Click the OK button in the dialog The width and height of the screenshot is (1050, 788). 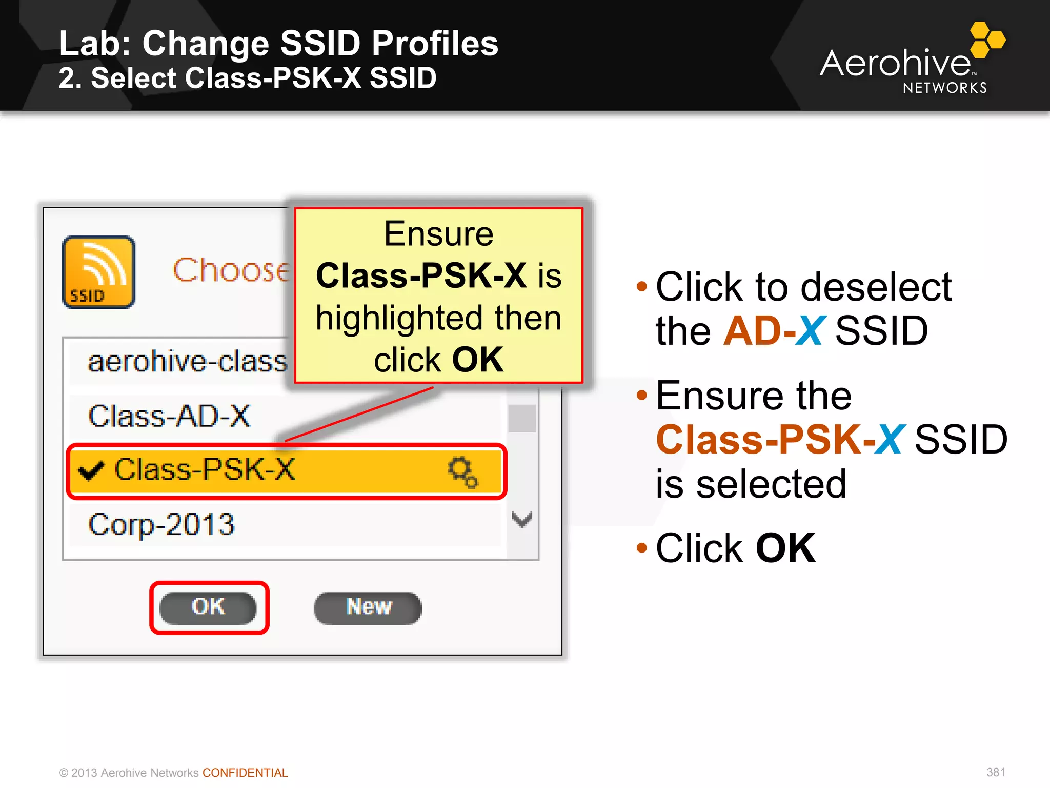coord(208,607)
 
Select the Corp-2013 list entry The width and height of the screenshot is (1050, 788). coord(161,525)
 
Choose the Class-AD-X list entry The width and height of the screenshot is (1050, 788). coord(169,416)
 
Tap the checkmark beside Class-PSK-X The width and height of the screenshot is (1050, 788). coord(91,470)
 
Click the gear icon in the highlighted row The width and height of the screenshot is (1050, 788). coord(462,471)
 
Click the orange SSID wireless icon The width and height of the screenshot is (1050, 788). coord(98,272)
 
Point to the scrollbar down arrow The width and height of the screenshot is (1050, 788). coord(522,519)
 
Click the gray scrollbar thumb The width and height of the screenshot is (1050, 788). coord(522,418)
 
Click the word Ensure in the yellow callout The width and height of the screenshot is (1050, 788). coord(438,234)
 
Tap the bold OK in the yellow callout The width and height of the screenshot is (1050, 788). coord(477,360)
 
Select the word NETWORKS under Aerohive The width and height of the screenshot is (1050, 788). coord(944,88)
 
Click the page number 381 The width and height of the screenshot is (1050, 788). coord(995,772)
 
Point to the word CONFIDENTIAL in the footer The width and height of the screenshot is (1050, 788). coord(245,773)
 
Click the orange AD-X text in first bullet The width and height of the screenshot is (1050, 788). coord(774,331)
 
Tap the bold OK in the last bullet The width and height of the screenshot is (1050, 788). coord(785,548)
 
